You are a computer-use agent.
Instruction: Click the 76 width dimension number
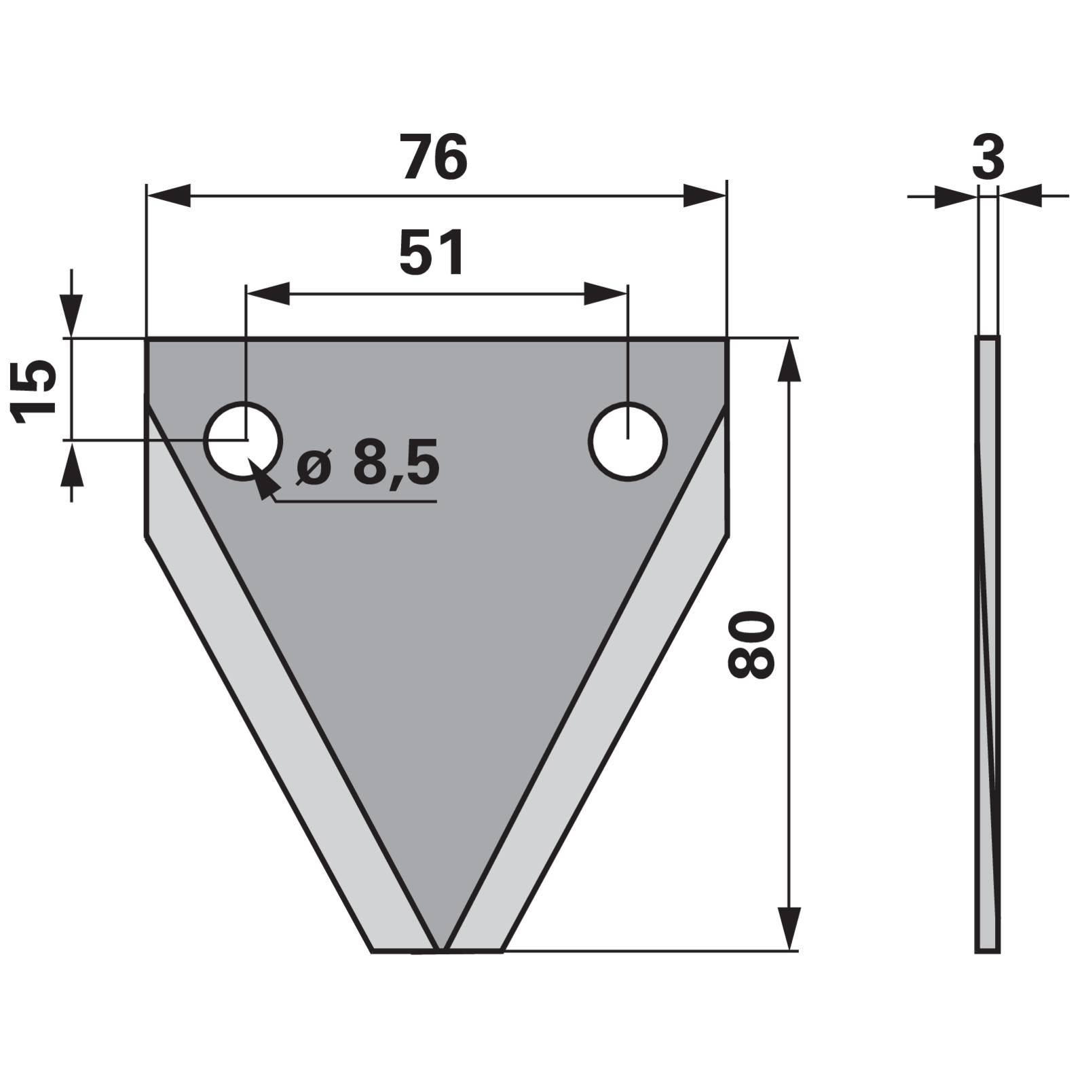(434, 157)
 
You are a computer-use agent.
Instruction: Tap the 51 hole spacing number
(432, 253)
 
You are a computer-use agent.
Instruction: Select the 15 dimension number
(34, 392)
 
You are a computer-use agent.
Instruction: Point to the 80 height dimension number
(751, 644)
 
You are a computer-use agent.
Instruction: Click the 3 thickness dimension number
(988, 157)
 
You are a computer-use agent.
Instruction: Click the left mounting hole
(244, 441)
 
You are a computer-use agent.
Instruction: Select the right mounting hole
(628, 441)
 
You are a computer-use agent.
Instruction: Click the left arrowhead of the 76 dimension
(169, 195)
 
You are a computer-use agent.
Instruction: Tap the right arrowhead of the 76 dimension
(705, 195)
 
